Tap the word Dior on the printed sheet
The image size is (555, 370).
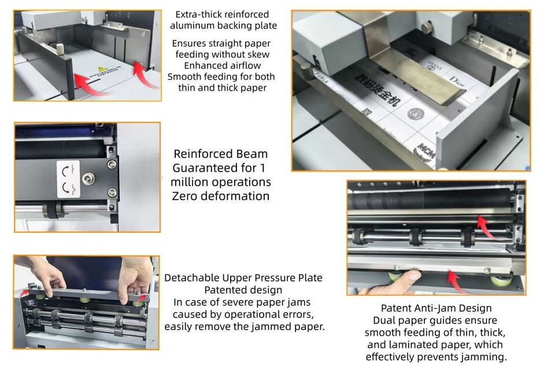(x=457, y=82)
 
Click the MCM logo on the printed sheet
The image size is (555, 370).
(x=426, y=151)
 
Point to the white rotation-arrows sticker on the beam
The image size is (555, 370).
(x=68, y=179)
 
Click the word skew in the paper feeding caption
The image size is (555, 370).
(x=260, y=54)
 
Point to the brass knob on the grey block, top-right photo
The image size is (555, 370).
(x=427, y=28)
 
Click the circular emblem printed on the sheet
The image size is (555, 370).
(x=416, y=114)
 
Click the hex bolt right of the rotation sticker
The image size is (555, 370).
(x=88, y=179)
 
